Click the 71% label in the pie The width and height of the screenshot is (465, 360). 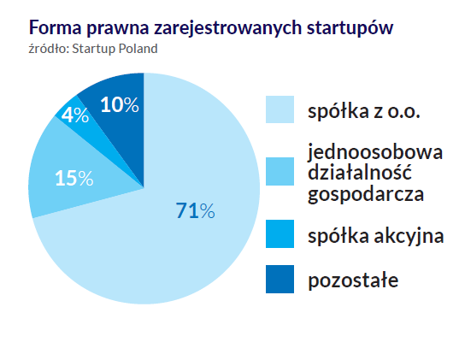pos(195,210)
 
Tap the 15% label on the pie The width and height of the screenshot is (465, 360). pos(74,178)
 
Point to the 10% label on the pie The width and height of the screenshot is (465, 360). pos(119,105)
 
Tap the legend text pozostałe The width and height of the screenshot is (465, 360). pos(353,280)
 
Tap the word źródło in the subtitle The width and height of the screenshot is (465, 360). pos(48,46)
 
